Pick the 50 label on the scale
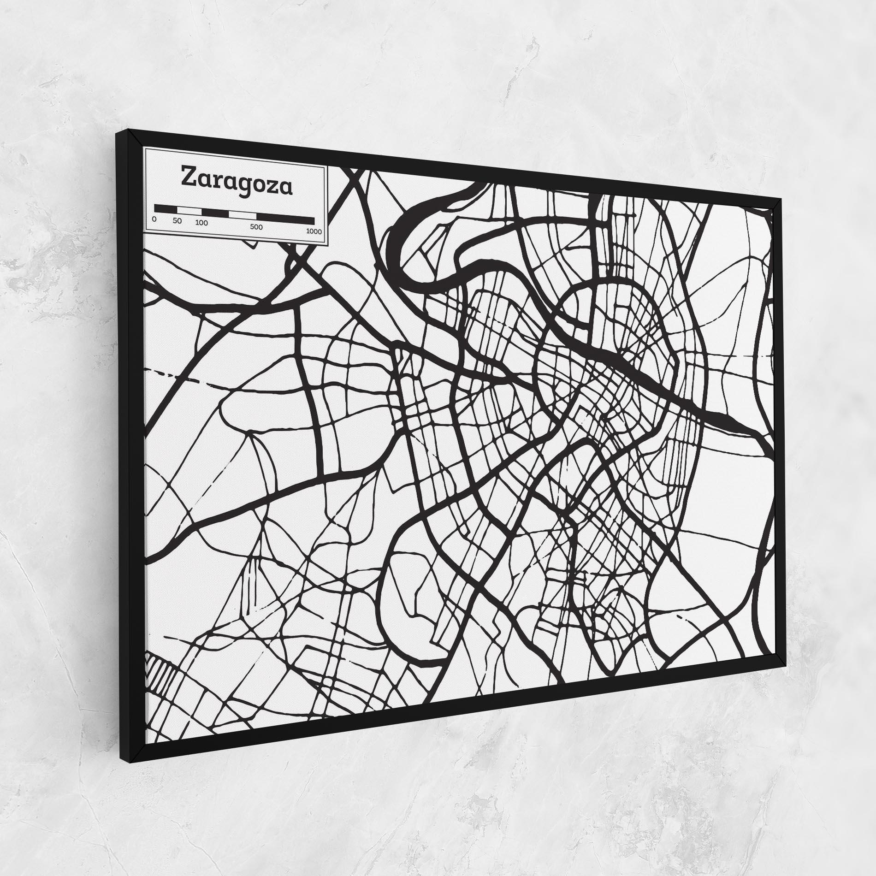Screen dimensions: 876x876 click(x=178, y=220)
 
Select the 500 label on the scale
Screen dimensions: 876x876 click(x=256, y=227)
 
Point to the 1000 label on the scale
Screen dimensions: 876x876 click(x=314, y=231)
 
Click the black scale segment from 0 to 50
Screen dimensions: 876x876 click(x=166, y=208)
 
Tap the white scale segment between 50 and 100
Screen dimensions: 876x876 click(x=189, y=210)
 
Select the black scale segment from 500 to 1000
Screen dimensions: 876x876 click(x=285, y=219)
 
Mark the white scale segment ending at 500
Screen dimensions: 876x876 click(x=243, y=215)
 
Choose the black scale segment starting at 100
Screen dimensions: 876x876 click(x=216, y=213)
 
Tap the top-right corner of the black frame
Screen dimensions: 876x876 click(x=779, y=199)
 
